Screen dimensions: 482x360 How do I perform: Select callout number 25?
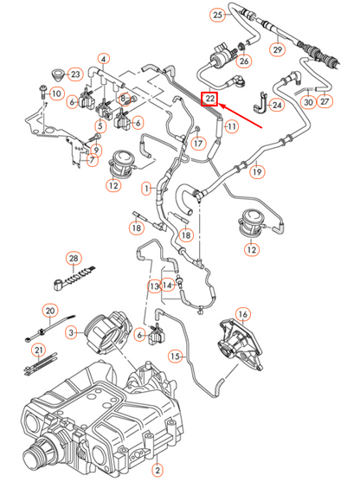coord(217,16)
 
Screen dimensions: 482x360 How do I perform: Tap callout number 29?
coord(278,50)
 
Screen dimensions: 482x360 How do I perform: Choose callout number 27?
coord(325,101)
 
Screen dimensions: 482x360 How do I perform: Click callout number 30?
coord(308,101)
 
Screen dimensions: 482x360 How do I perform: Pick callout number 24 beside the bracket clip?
coord(276,106)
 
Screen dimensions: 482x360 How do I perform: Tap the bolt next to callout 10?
coord(41,92)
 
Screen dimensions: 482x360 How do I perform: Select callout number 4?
coord(104,60)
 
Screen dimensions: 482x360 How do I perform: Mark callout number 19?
coord(257,172)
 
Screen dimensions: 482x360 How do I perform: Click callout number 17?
coord(198,143)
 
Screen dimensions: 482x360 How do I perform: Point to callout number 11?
coord(231,127)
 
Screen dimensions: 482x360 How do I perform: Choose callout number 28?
coord(74,259)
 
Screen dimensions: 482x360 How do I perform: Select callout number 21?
coord(38,350)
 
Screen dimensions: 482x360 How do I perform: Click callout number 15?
coord(176,356)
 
